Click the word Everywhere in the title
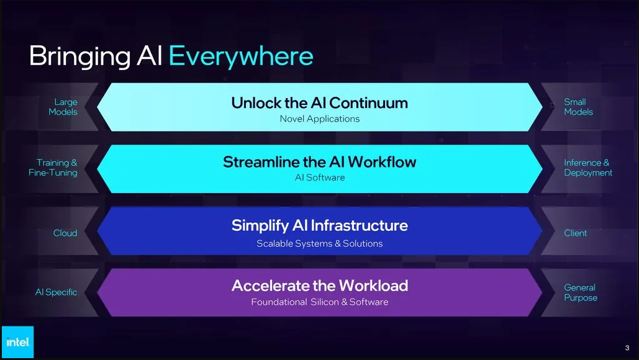(241, 56)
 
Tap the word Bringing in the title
(80, 56)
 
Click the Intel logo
(17, 342)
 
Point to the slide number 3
(627, 348)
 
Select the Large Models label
(63, 107)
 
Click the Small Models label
(578, 107)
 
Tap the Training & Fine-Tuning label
(53, 168)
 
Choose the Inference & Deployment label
(588, 168)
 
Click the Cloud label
(65, 233)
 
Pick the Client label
(576, 233)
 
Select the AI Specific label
(57, 292)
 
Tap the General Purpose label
(581, 292)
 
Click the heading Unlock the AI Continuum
(319, 103)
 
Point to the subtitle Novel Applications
(319, 119)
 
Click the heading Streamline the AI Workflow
(319, 162)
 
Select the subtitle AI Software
(319, 178)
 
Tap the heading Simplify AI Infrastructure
(319, 225)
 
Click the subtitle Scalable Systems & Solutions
(319, 243)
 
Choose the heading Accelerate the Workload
(319, 286)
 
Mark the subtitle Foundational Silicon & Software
(319, 302)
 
